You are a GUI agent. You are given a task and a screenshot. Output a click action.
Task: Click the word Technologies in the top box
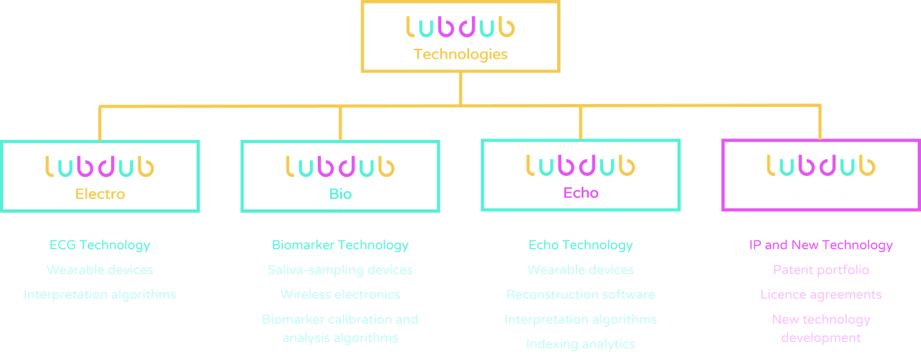point(460,54)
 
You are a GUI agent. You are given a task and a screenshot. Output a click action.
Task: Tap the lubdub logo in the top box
point(460,27)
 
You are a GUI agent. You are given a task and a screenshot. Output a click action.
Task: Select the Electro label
point(100,194)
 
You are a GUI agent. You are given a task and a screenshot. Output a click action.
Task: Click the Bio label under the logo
point(340,194)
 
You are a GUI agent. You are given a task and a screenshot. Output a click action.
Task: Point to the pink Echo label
point(581,193)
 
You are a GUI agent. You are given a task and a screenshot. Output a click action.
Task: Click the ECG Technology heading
point(100,245)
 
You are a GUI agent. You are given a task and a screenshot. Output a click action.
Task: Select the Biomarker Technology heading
point(340,245)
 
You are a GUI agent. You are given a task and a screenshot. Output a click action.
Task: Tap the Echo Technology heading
point(581,245)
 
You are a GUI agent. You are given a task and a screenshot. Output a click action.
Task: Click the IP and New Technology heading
point(821,245)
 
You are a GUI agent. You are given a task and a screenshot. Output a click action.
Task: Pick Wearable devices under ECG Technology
point(100,270)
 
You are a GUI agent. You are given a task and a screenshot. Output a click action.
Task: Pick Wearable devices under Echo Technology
point(581,270)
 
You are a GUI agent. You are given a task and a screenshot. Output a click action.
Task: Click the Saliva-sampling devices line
point(340,270)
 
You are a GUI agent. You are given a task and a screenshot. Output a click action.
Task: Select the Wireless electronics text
point(340,295)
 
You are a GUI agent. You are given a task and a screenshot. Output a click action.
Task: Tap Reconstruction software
point(581,295)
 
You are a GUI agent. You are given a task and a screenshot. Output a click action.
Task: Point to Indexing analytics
point(581,344)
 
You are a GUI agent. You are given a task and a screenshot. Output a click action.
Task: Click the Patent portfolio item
point(821,270)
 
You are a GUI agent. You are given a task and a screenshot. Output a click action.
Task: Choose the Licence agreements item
point(821,295)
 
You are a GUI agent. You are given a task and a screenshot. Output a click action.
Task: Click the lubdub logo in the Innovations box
point(821,166)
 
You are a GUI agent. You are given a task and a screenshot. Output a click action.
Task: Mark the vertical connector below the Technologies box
point(460,88)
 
